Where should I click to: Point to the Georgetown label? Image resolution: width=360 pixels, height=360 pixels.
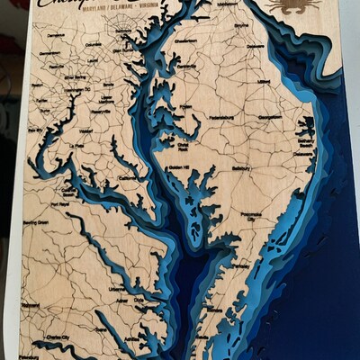[x=270, y=117]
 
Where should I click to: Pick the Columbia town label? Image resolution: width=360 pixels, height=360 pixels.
[x=93, y=43]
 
